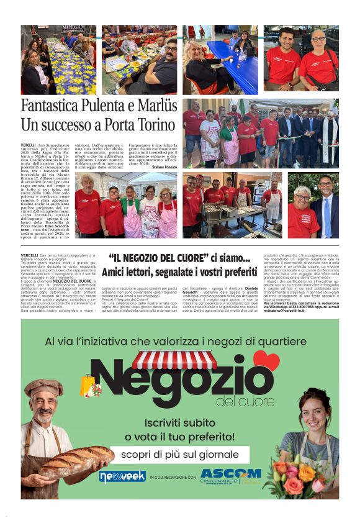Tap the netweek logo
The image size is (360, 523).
[122, 476]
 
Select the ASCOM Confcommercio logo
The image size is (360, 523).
[231, 476]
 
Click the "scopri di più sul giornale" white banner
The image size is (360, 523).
[180, 455]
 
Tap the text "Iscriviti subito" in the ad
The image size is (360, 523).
[180, 422]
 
